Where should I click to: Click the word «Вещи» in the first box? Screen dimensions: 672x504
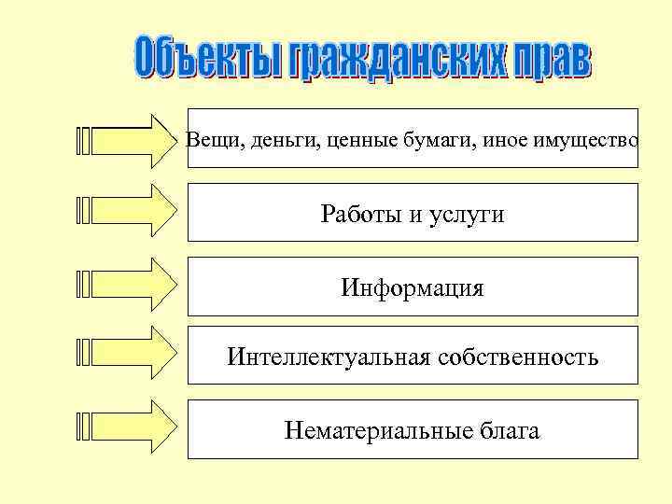pyautogui.click(x=210, y=141)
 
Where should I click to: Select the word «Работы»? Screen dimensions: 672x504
pyautogui.click(x=359, y=216)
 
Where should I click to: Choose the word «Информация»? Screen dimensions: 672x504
pyautogui.click(x=413, y=287)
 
